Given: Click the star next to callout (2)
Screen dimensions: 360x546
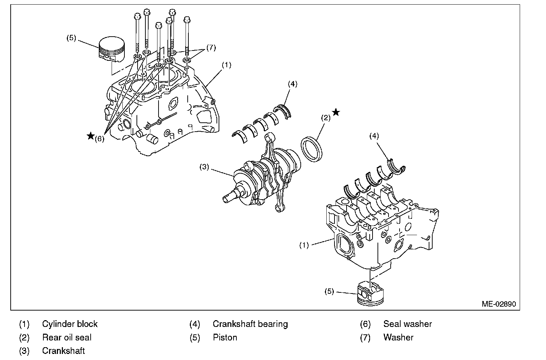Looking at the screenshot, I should pos(336,113).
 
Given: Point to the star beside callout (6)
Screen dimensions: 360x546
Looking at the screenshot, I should pos(91,136).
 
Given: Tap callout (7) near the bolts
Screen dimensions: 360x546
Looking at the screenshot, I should pos(211,48).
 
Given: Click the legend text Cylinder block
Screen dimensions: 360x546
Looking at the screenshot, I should pos(70,324).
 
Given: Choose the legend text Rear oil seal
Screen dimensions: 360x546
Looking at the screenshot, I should pos(67,337).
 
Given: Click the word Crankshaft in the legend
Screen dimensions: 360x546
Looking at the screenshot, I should pos(63,351).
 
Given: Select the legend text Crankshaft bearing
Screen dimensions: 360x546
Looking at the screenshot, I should pos(250,324).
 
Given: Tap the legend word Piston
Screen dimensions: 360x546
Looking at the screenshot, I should pos(225,337).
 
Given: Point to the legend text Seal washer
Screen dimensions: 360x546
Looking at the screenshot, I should pos(407,324).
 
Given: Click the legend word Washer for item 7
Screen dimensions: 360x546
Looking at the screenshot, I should pos(398,337).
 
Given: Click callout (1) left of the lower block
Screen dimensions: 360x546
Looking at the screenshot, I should pos(304,245).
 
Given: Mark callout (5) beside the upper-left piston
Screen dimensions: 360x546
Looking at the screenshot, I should pos(71,38).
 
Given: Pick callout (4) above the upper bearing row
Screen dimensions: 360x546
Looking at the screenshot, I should pos(293,84).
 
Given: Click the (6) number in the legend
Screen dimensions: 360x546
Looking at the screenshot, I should pos(365,324).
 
